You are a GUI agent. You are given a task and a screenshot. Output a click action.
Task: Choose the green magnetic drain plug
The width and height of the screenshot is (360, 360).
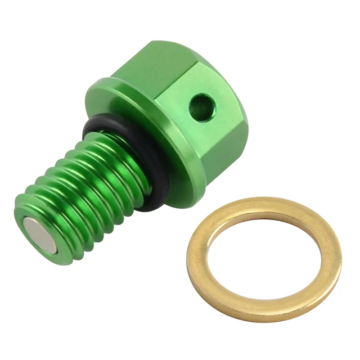pyautogui.click(x=129, y=146)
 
